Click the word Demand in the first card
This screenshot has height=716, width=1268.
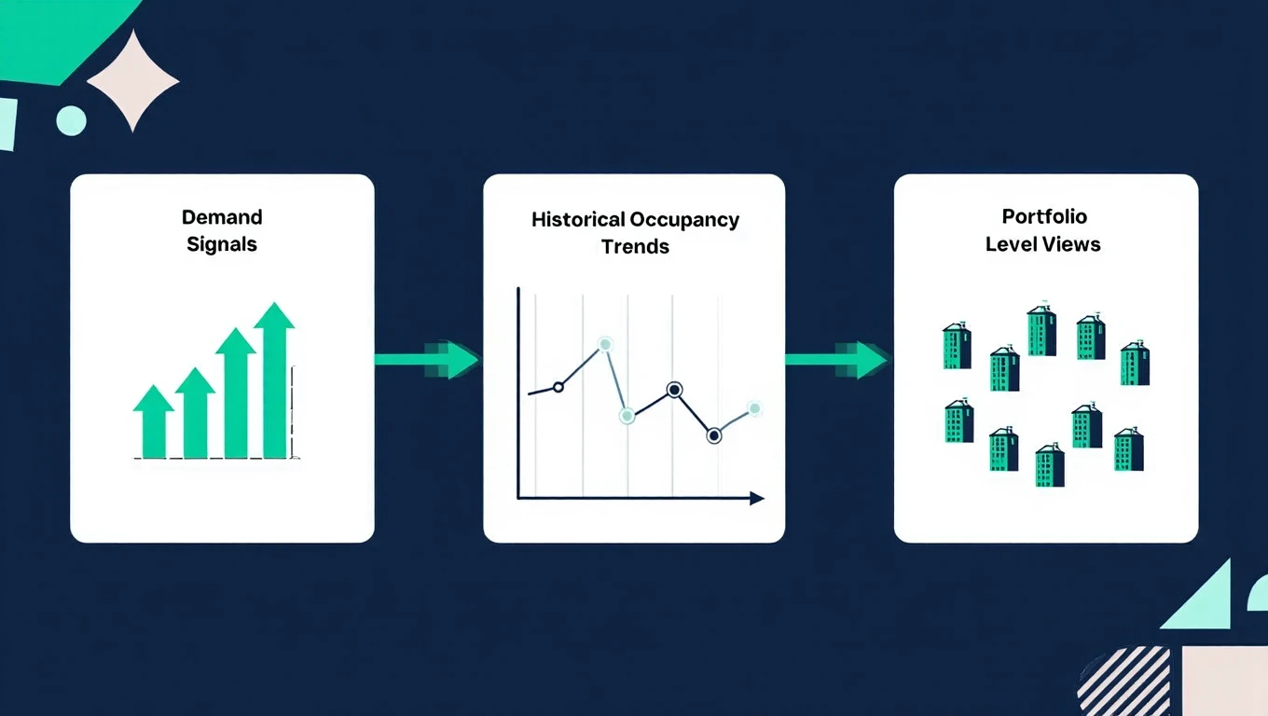pos(222,217)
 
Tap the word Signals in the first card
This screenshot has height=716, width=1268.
pos(222,245)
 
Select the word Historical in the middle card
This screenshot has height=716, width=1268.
pos(578,220)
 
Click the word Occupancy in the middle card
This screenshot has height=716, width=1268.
pos(684,220)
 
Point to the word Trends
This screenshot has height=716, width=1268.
pos(635,247)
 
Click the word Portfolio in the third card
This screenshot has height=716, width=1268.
pos(1044,216)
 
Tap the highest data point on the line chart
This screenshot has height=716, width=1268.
pos(605,345)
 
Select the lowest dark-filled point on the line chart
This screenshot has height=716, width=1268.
pos(714,434)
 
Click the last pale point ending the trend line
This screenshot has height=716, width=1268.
pos(753,407)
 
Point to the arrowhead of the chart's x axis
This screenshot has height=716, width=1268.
pos(756,499)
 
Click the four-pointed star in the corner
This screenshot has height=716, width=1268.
pos(133,80)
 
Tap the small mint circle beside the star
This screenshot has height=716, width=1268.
pos(71,120)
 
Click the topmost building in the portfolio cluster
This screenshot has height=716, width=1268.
pos(1041,330)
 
